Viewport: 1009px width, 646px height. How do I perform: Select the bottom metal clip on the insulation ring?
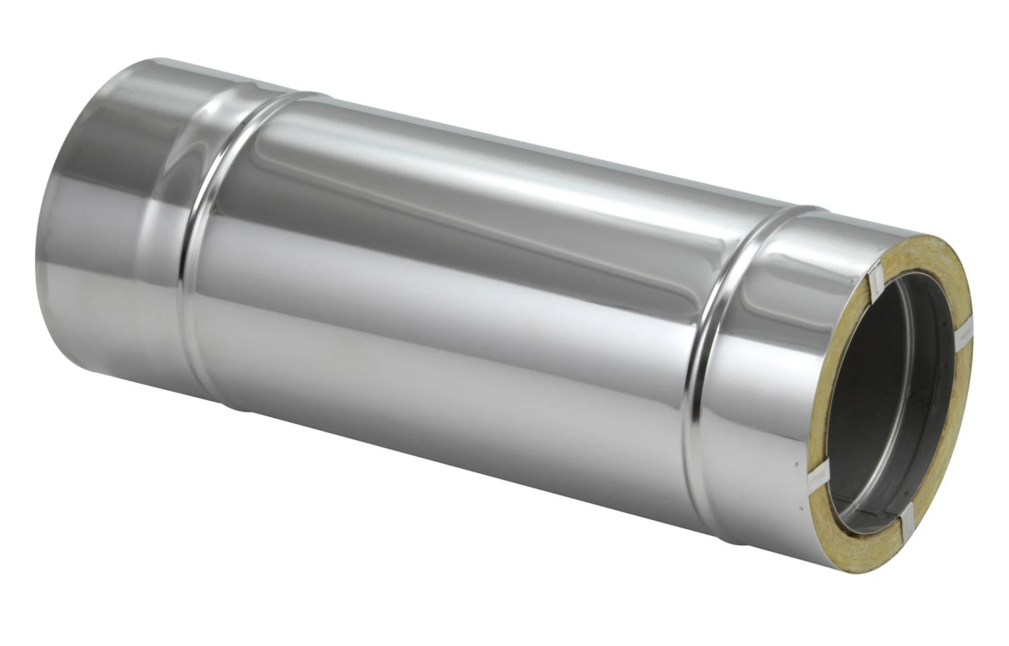pos(909,516)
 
